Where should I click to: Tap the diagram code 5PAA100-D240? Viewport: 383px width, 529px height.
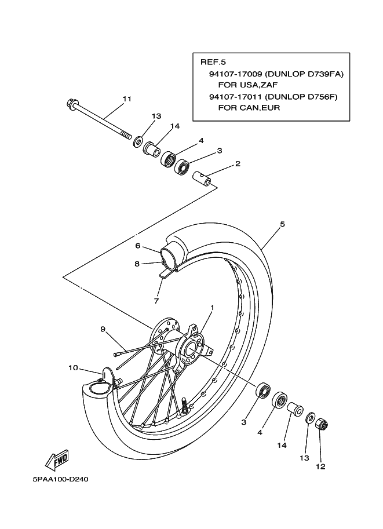pos(61,479)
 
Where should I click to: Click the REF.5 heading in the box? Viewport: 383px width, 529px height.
pos(213,62)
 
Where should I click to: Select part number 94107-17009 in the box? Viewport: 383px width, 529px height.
pos(235,74)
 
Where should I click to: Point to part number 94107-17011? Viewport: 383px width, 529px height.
pos(235,97)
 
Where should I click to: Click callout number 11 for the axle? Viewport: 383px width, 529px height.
pos(127,99)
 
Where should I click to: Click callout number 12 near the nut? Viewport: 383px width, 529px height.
pos(320,466)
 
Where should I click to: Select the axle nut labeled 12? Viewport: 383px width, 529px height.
pos(322,424)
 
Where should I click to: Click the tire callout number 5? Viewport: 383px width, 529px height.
pos(282,224)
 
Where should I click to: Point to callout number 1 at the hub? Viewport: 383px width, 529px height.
pos(212,307)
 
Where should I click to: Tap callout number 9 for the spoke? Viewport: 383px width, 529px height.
pos(103,329)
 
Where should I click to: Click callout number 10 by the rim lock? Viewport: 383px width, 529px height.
pos(73,368)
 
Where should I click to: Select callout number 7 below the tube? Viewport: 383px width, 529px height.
pos(156,301)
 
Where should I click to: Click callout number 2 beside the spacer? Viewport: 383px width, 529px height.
pos(238,163)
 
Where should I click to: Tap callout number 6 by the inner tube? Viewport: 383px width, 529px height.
pos(138,246)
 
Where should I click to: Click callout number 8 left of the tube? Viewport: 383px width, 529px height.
pos(137,264)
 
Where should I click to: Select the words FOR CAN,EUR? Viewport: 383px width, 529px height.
pos(249,108)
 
